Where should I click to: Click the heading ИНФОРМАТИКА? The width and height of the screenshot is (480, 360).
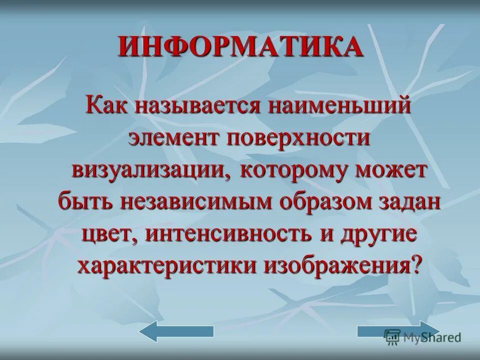[x=240, y=47]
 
